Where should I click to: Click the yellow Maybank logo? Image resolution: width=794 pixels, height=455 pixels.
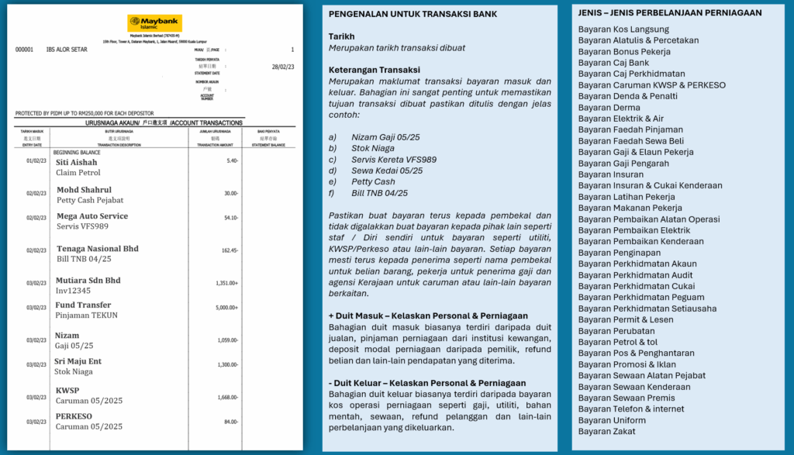(154, 23)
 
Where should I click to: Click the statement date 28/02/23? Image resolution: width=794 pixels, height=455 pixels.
(282, 67)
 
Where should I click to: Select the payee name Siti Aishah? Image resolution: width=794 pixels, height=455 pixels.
(77, 163)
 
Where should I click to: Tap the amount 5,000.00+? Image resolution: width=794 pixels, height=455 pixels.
(226, 308)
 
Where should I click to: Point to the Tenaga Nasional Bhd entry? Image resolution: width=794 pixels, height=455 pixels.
(98, 249)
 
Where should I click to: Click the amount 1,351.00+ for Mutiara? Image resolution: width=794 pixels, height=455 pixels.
(226, 283)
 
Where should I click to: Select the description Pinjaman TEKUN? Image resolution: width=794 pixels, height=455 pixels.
(86, 315)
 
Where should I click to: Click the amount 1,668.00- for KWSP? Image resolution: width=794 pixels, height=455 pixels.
(226, 397)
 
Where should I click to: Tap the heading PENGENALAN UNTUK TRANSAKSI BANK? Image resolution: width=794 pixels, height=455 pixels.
(413, 14)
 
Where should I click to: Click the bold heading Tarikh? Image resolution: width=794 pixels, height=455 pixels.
(341, 36)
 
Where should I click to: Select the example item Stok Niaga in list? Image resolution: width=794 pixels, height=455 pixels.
(374, 148)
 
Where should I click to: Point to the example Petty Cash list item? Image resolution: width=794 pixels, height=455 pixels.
(375, 181)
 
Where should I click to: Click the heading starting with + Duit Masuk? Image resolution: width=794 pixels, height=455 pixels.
(428, 315)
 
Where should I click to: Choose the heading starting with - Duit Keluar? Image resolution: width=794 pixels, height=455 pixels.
(427, 383)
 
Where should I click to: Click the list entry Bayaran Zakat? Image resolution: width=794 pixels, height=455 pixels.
(607, 432)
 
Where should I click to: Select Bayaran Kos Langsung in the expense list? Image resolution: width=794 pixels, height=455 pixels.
(623, 29)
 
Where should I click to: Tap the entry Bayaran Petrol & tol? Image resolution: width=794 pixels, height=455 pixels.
(618, 342)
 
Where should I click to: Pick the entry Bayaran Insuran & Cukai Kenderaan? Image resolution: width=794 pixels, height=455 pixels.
(650, 185)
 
